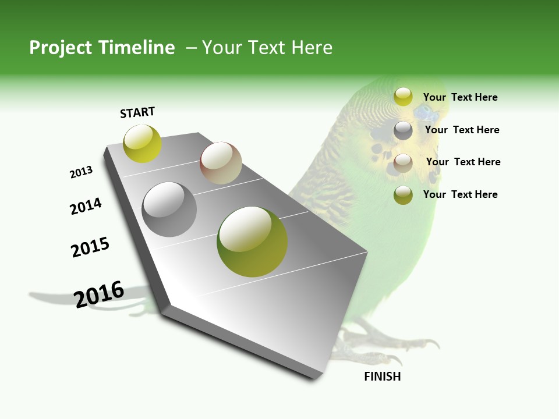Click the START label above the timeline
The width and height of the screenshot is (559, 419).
(x=137, y=112)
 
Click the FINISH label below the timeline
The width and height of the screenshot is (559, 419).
(x=382, y=377)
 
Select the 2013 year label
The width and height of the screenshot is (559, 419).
(x=81, y=172)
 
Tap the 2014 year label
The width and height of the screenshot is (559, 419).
(x=86, y=206)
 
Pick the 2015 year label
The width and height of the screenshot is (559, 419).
(x=90, y=247)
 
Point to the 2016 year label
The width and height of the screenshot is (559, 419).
(x=99, y=294)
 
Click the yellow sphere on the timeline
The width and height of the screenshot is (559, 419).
(x=142, y=144)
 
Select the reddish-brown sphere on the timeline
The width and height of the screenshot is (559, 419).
(x=221, y=163)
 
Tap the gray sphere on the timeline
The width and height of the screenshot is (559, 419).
(x=169, y=210)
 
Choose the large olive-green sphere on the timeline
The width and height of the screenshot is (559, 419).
(x=252, y=242)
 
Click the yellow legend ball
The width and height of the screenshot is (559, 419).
(x=403, y=97)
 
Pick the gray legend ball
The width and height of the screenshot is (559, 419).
(x=403, y=130)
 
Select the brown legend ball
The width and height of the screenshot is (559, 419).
(x=403, y=163)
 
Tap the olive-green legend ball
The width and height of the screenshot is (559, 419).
(x=403, y=195)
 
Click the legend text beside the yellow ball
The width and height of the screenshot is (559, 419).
(x=460, y=97)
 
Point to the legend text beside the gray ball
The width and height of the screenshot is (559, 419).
(x=462, y=130)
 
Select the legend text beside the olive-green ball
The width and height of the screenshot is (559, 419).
(x=460, y=194)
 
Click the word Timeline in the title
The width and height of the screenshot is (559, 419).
(x=136, y=48)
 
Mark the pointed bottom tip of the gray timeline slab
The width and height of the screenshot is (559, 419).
(x=317, y=377)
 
